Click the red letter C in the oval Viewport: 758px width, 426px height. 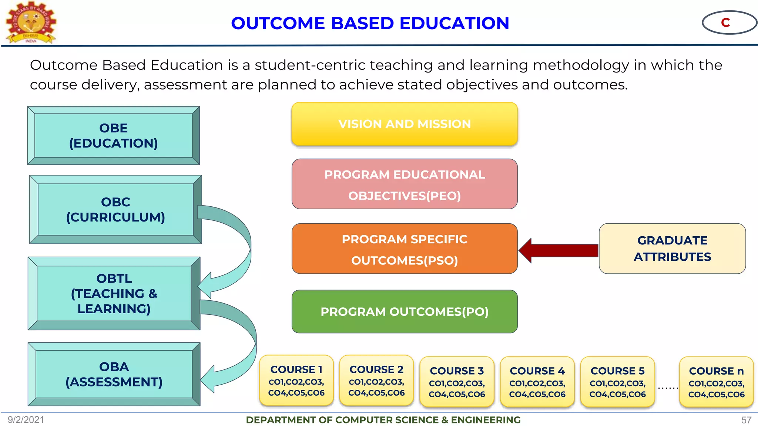pos(725,23)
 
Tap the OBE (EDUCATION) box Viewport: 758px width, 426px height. pos(114,136)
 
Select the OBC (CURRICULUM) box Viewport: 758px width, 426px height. pos(115,210)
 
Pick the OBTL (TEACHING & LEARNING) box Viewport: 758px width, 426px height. pos(114,294)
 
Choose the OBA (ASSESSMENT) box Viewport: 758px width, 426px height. pos(114,374)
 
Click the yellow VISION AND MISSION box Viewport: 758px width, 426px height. pos(405,124)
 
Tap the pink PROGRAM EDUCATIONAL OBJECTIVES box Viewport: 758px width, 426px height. pos(405,184)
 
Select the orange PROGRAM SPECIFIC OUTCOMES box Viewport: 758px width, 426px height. pos(405,249)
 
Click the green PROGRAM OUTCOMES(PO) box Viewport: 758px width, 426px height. pos(405,312)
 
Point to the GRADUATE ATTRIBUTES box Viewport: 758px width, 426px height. pos(672,248)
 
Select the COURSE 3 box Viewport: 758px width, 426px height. pos(457,382)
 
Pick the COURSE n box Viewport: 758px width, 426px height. pos(716,382)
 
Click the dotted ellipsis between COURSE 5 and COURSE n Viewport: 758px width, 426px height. pos(668,388)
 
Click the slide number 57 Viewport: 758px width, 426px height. pos(746,420)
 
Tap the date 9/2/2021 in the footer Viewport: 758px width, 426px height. pos(26,420)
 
